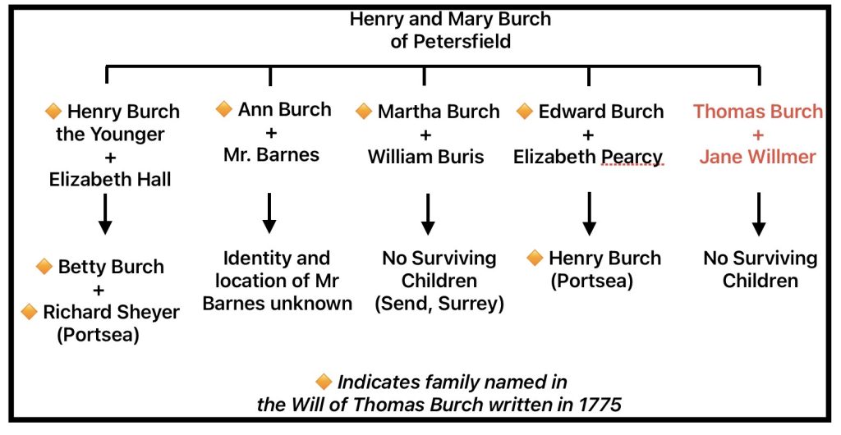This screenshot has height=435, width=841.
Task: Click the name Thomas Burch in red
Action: pyautogui.click(x=757, y=112)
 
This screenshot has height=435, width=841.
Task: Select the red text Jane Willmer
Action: pyautogui.click(x=757, y=156)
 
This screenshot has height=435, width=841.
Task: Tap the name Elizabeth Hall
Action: pyautogui.click(x=110, y=178)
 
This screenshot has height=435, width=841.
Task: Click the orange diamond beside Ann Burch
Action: pyautogui.click(x=223, y=109)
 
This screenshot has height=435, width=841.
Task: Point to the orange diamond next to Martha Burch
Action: pyautogui.click(x=364, y=111)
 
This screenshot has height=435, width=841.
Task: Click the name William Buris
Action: pyautogui.click(x=426, y=156)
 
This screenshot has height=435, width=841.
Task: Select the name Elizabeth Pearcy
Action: pyautogui.click(x=588, y=156)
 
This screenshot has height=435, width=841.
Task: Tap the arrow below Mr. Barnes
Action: pyautogui.click(x=269, y=213)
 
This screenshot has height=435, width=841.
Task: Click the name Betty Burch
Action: pyautogui.click(x=110, y=267)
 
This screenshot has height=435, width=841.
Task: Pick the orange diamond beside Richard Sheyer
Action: pyautogui.click(x=30, y=311)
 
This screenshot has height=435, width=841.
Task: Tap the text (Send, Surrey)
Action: pyautogui.click(x=439, y=303)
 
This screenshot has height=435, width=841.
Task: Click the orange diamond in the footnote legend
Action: pyautogui.click(x=324, y=382)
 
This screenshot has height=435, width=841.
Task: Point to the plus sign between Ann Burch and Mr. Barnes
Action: pyautogui.click(x=271, y=131)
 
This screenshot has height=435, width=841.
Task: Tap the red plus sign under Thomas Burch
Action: pyautogui.click(x=757, y=134)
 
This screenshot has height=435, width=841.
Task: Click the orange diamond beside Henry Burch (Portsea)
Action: pyautogui.click(x=535, y=259)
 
